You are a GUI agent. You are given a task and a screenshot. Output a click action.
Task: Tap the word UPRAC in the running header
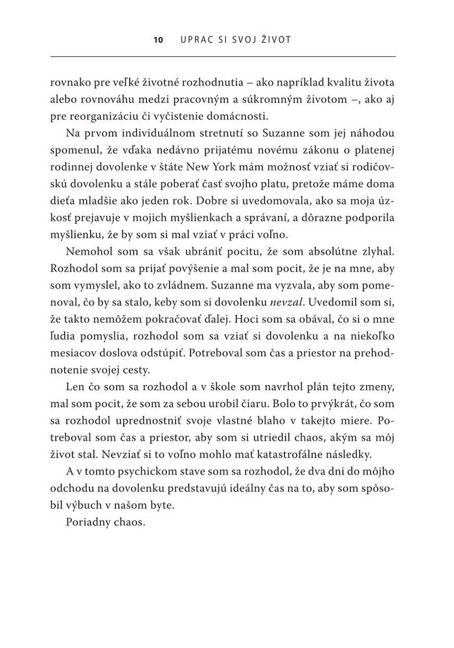(x=193, y=40)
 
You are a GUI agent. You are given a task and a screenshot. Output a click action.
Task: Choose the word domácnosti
(x=247, y=117)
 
